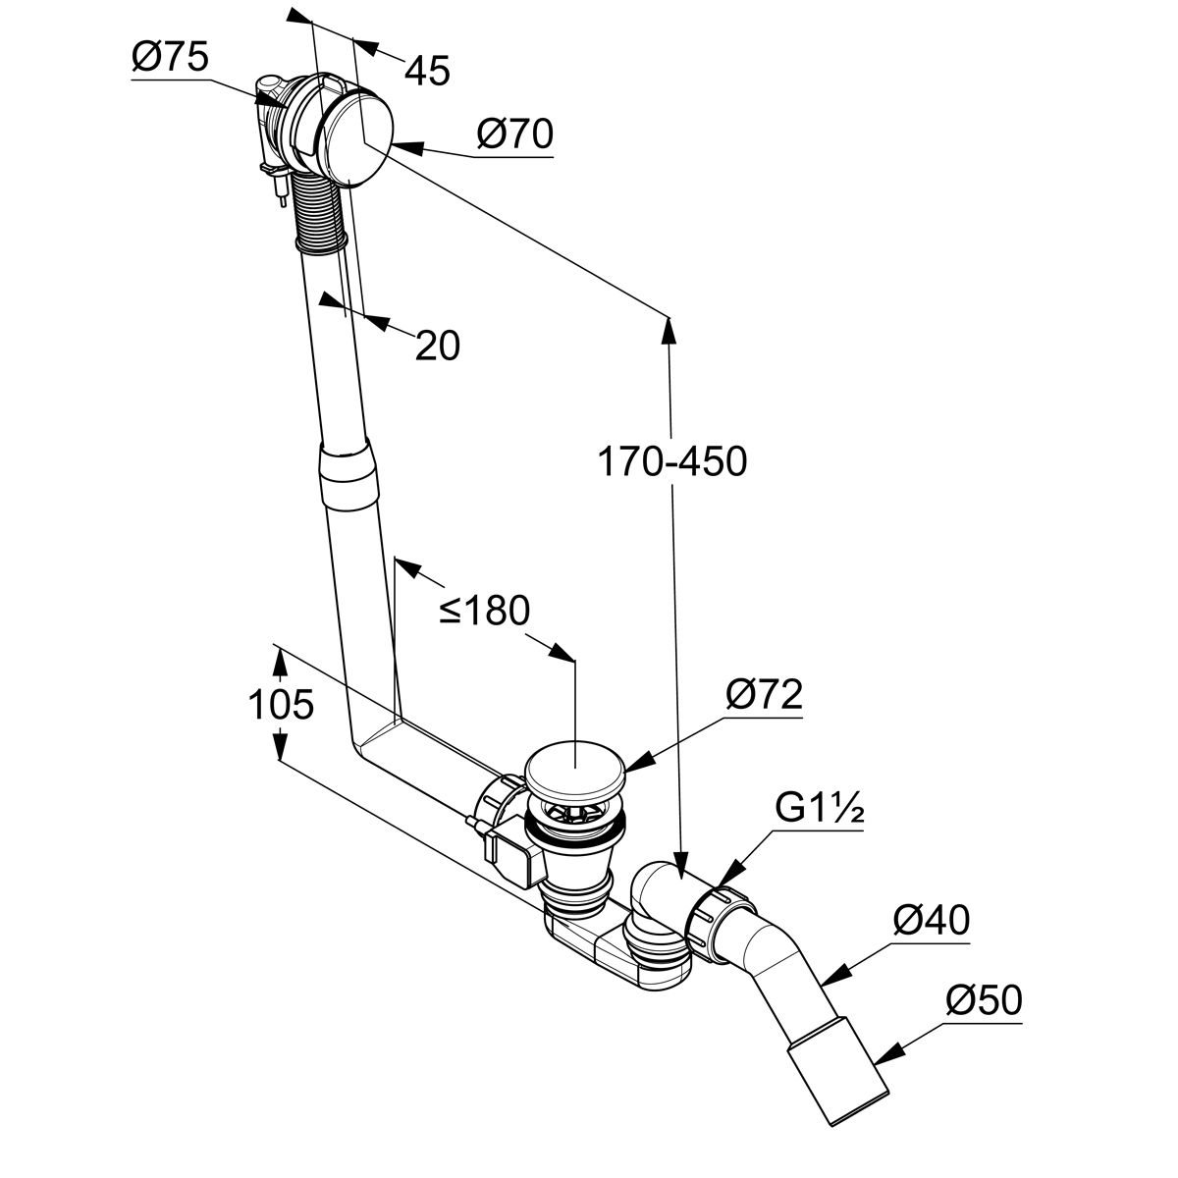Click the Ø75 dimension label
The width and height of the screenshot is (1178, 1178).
pos(170,58)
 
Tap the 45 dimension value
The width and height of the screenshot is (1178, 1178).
pos(427,70)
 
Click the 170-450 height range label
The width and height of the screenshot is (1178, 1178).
pos(672,460)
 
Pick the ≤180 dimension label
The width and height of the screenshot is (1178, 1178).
pos(484,611)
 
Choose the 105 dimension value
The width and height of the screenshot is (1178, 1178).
pos(280,704)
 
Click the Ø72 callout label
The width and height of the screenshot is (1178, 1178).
pos(764,695)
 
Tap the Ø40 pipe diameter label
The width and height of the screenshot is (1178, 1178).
pos(931,921)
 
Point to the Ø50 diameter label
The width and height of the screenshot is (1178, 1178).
pos(984,1001)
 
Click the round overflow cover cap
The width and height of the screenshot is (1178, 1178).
pos(359,138)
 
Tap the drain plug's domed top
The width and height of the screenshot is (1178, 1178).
pos(573,769)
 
